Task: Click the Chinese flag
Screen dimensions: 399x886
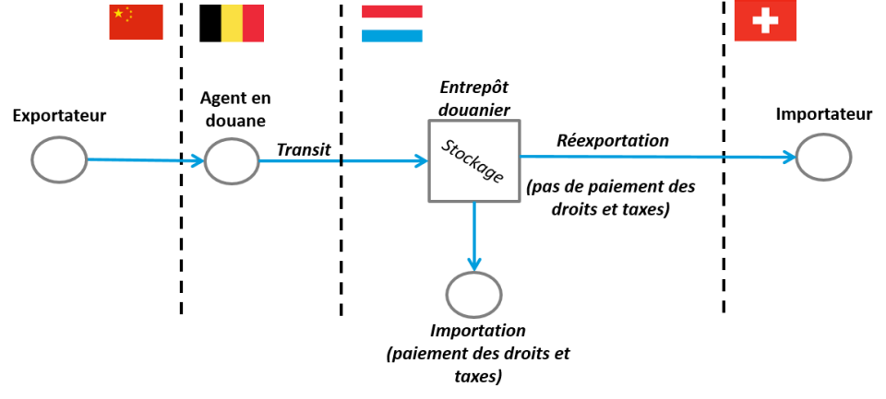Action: tap(136, 22)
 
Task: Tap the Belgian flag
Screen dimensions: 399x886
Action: tap(232, 23)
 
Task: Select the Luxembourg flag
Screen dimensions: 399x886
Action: tap(391, 23)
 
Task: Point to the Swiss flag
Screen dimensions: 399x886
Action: tap(765, 21)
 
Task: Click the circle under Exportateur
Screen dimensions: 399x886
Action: tap(59, 159)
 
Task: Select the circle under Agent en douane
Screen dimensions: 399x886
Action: tap(232, 161)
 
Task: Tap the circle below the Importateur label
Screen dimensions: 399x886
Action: tap(823, 158)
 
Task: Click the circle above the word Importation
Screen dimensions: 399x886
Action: tap(473, 295)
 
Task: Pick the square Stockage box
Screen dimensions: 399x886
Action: tap(473, 162)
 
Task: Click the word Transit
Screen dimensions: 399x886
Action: tap(304, 147)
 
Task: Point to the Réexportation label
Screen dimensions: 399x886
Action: tap(612, 141)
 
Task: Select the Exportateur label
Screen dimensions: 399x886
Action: tap(59, 115)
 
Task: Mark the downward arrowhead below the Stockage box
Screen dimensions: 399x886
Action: tap(473, 264)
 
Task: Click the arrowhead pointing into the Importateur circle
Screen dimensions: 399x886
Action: tap(788, 158)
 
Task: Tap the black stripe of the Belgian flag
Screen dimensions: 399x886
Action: tap(210, 23)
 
